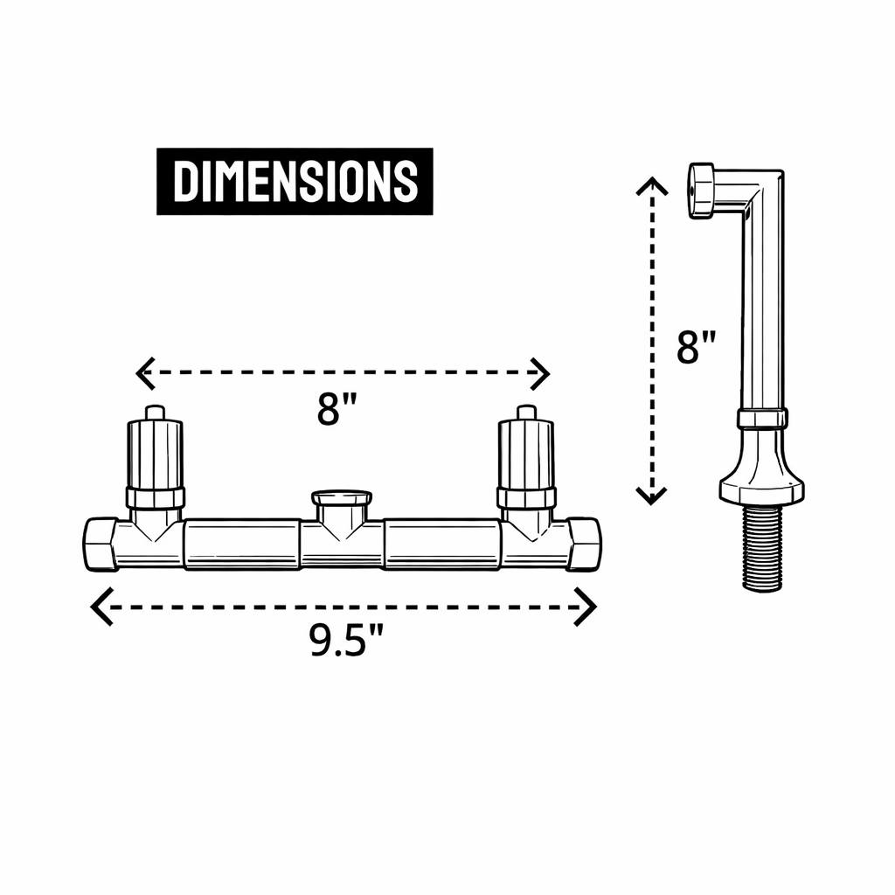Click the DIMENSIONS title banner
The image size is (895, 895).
click(x=295, y=182)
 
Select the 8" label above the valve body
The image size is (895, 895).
click(x=336, y=409)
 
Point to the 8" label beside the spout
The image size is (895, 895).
click(x=696, y=347)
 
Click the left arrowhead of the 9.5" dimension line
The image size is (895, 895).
click(x=101, y=606)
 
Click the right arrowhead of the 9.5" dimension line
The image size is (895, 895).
click(x=586, y=607)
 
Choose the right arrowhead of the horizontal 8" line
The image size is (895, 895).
click(x=539, y=374)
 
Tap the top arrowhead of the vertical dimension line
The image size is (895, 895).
click(x=652, y=186)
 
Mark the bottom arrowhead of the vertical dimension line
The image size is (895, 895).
click(x=651, y=496)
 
